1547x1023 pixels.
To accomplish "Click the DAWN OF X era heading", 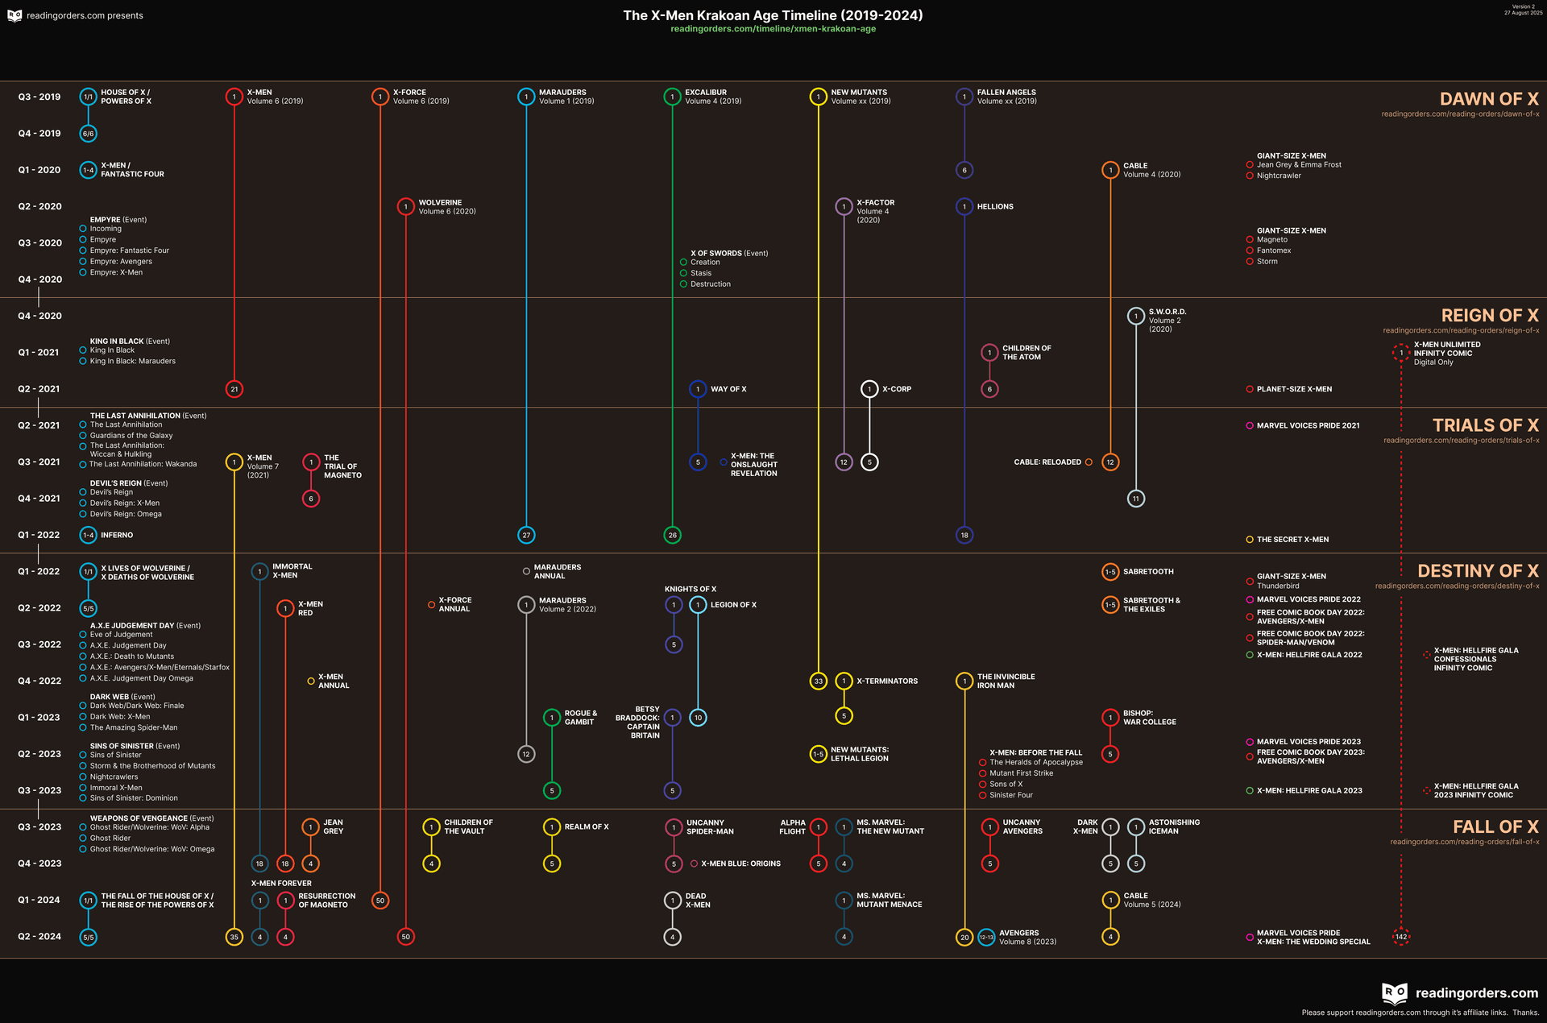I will pos(1488,99).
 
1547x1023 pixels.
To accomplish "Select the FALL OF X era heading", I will pos(1495,827).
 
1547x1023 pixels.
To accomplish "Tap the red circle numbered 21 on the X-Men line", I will pos(234,389).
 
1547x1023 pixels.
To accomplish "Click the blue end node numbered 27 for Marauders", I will pos(526,535).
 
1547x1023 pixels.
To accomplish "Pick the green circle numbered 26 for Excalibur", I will pos(672,535).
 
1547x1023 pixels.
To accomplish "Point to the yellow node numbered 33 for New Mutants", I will pos(818,681).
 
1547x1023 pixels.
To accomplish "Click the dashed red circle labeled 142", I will pos(1401,937).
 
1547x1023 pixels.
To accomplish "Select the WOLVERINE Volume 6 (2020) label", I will pos(446,207).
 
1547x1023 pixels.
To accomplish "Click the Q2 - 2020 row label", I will pos(39,206).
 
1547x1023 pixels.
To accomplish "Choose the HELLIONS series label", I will pos(995,207).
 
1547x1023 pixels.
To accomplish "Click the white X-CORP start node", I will pos(869,389).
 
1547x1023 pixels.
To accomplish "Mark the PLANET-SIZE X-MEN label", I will pos(1293,389).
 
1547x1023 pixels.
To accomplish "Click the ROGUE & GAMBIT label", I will pos(580,718).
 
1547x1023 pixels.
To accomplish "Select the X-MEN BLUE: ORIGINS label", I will pos(740,864).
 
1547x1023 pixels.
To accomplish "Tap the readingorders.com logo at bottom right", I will pos(1459,993).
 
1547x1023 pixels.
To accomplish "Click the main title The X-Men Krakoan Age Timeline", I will pos(773,15).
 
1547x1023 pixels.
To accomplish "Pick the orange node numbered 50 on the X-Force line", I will pos(380,901).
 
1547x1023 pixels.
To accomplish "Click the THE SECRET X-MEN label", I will pos(1292,540).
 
